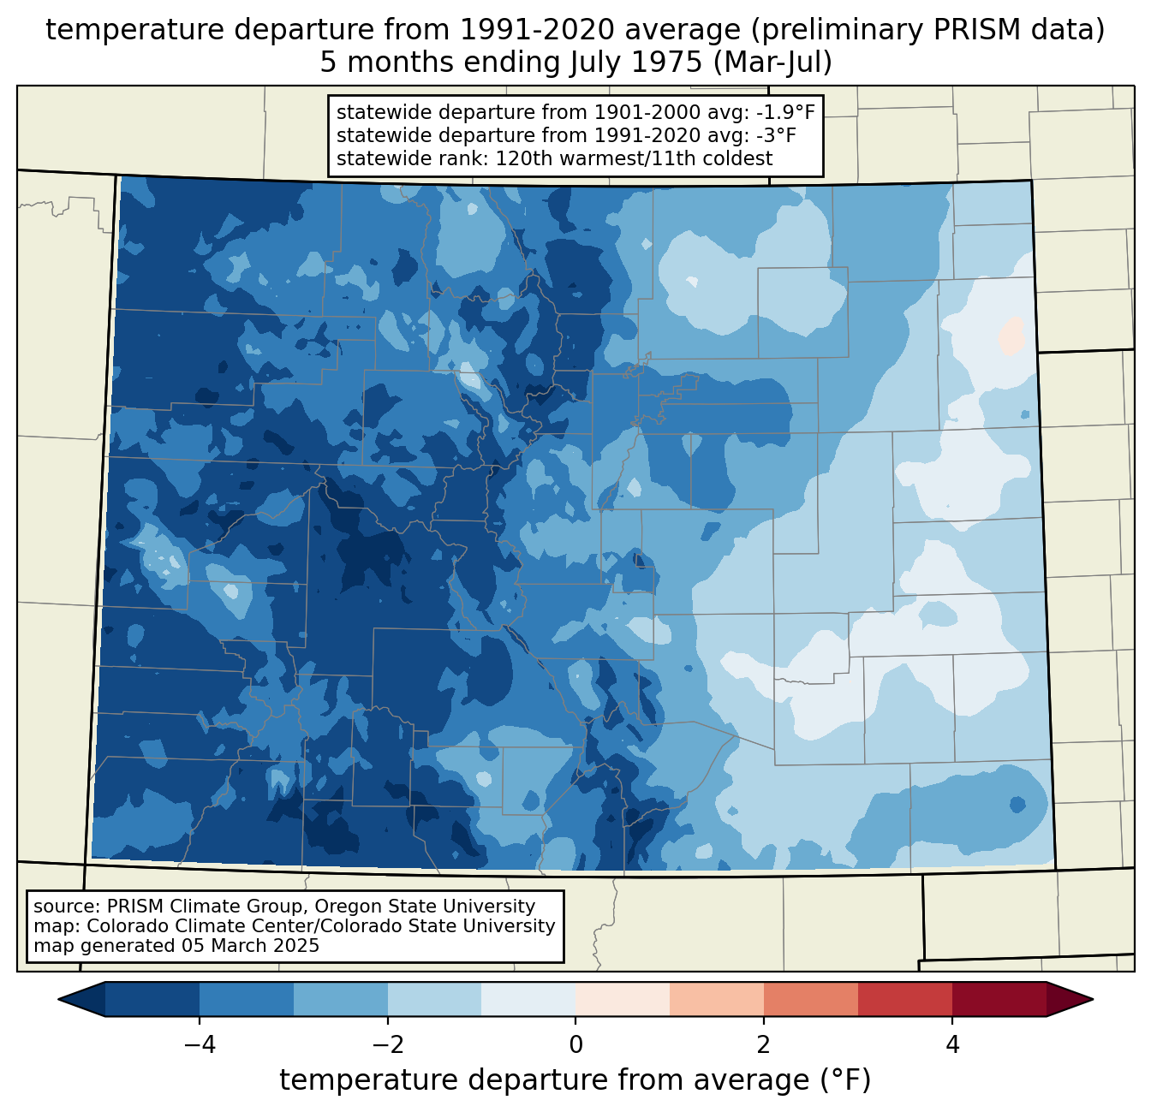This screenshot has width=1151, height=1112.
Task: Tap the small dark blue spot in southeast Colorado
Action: click(x=1017, y=805)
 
